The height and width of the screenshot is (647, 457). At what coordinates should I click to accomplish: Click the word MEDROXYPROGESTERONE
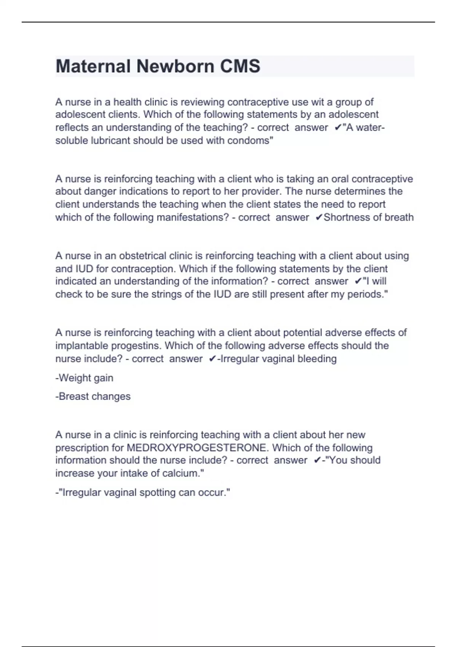coord(196,448)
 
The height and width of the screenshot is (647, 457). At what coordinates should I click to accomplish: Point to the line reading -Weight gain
coord(84,378)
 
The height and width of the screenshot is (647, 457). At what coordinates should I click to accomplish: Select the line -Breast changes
coord(93,396)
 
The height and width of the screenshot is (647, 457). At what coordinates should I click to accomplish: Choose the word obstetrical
coord(142,256)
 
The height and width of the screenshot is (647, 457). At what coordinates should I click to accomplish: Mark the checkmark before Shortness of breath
coord(319,217)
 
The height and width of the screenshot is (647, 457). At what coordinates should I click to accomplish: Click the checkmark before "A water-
coord(337,127)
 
